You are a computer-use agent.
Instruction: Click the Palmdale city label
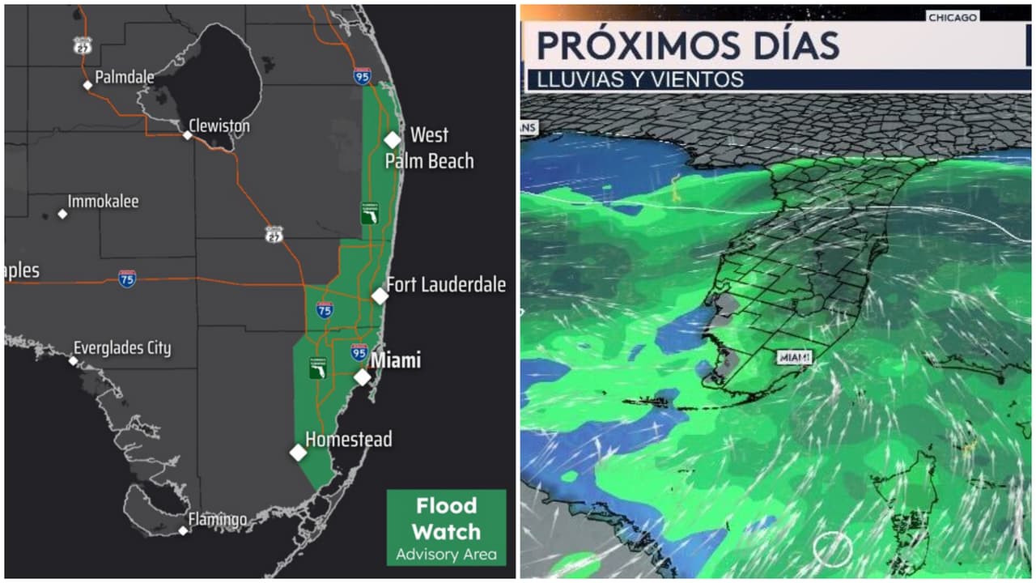pyautogui.click(x=124, y=78)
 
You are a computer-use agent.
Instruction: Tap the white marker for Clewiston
pyautogui.click(x=187, y=135)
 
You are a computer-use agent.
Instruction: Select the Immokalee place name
pyautogui.click(x=103, y=202)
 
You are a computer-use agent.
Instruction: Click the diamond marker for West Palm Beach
pyautogui.click(x=393, y=139)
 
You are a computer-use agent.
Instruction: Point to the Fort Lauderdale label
pyautogui.click(x=446, y=285)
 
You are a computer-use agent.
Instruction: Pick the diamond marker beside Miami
pyautogui.click(x=363, y=377)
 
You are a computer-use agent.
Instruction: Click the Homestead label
pyautogui.click(x=348, y=440)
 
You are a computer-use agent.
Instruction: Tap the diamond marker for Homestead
pyautogui.click(x=298, y=453)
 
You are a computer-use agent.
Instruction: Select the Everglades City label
pyautogui.click(x=122, y=348)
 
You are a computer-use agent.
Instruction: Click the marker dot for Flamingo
pyautogui.click(x=184, y=530)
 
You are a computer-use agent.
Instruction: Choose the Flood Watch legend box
pyautogui.click(x=446, y=527)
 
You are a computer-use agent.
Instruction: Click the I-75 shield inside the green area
pyautogui.click(x=325, y=309)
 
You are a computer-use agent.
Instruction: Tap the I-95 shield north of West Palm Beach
pyautogui.click(x=363, y=77)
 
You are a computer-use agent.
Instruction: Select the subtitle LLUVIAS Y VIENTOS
pyautogui.click(x=635, y=79)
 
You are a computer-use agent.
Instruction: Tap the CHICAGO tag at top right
pyautogui.click(x=953, y=17)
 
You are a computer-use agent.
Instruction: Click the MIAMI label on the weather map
pyautogui.click(x=794, y=357)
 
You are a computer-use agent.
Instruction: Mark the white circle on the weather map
pyautogui.click(x=833, y=549)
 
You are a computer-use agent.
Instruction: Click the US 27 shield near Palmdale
pyautogui.click(x=83, y=45)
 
